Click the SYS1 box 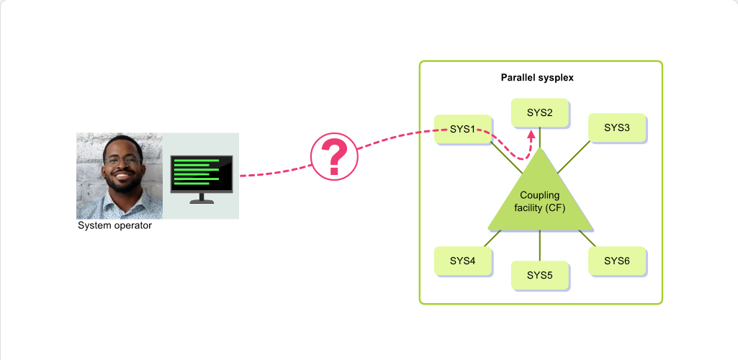click(x=463, y=129)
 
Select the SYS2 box click(x=540, y=112)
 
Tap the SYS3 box click(x=617, y=127)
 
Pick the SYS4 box click(x=463, y=261)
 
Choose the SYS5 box click(x=540, y=275)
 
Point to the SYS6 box click(x=617, y=261)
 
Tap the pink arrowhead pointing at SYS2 click(x=531, y=135)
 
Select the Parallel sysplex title click(x=537, y=78)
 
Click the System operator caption click(x=115, y=225)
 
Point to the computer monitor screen click(x=202, y=174)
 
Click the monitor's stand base click(x=202, y=202)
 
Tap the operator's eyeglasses click(x=123, y=161)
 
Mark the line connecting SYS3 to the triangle click(x=573, y=157)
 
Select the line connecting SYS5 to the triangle click(x=540, y=246)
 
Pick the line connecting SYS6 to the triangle click(x=588, y=238)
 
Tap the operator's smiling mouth click(x=123, y=176)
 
